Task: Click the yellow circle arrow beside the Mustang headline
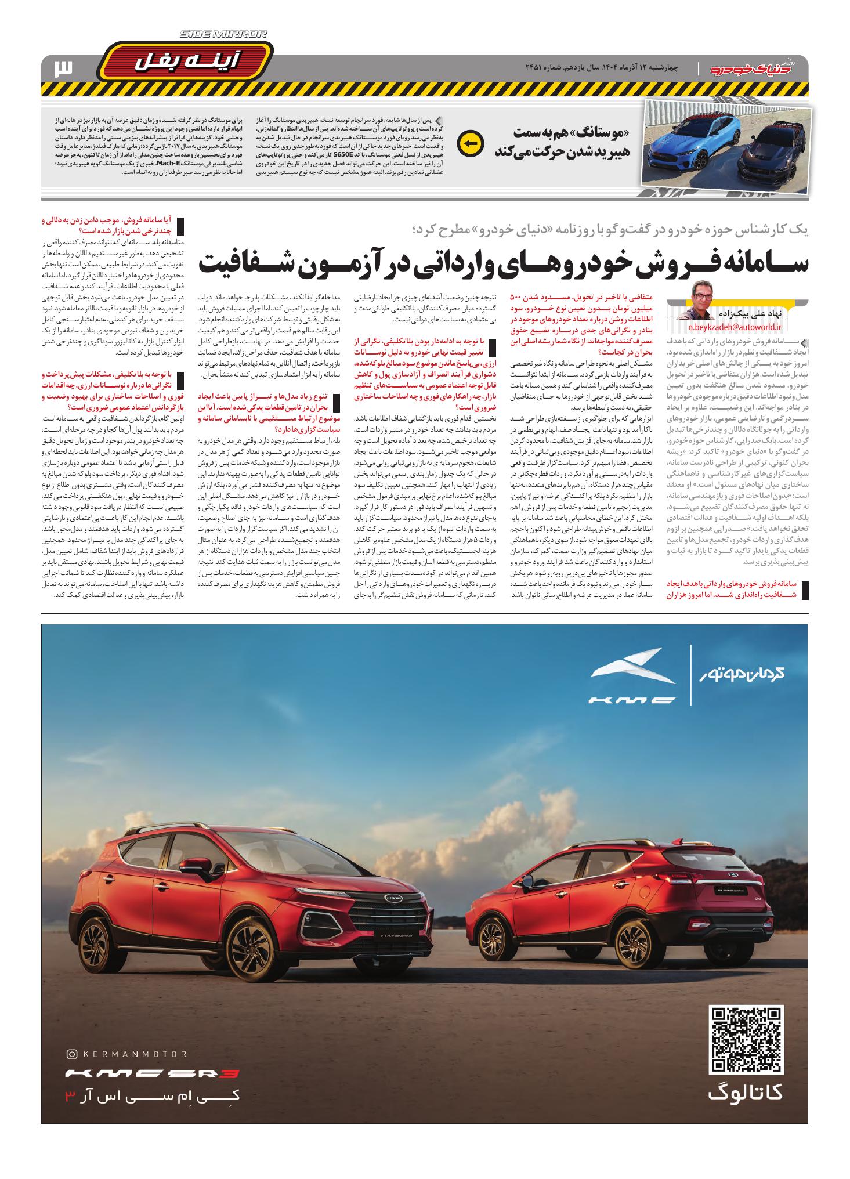(x=469, y=144)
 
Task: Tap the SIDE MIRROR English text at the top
(x=224, y=34)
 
